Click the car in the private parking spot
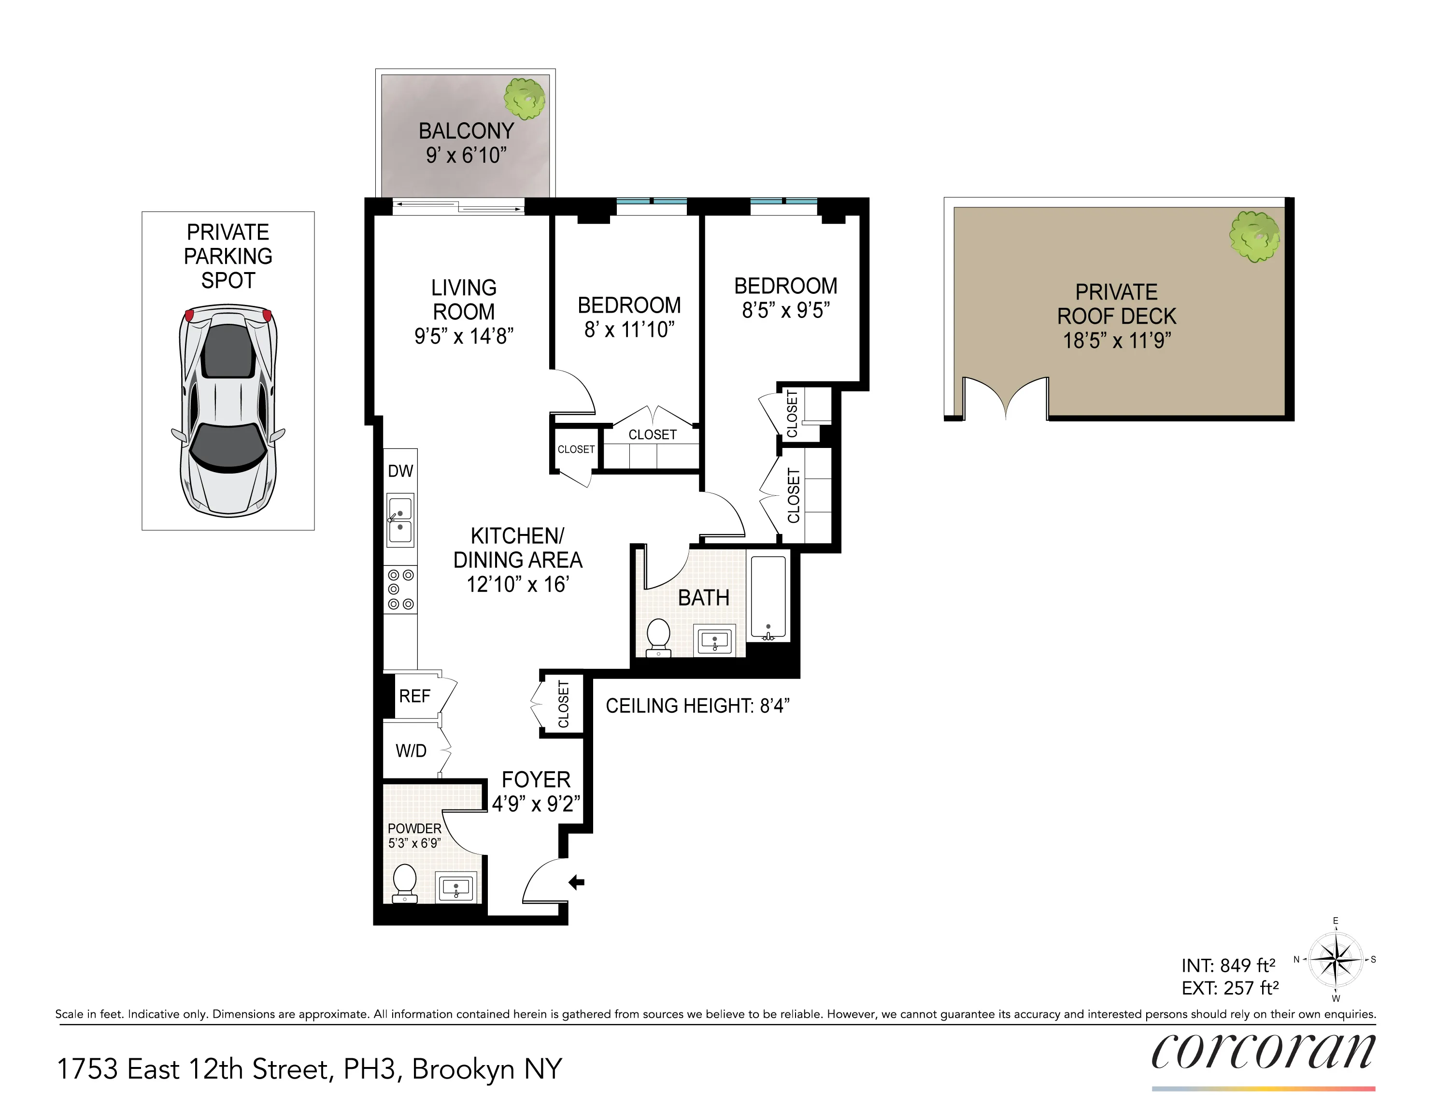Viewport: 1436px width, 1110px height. coord(228,411)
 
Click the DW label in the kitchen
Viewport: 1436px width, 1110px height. coord(400,471)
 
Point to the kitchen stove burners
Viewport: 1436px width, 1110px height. coord(400,590)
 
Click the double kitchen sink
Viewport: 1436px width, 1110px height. coord(400,520)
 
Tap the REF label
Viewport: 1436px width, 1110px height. coord(414,696)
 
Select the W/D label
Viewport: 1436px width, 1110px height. coord(411,751)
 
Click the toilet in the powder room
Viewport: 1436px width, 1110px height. coord(404,882)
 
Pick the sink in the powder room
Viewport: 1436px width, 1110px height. coord(456,888)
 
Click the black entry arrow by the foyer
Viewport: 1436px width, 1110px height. coord(577,882)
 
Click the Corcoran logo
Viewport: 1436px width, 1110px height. coord(1263,1051)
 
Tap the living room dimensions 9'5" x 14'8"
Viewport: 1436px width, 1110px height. coord(464,336)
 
